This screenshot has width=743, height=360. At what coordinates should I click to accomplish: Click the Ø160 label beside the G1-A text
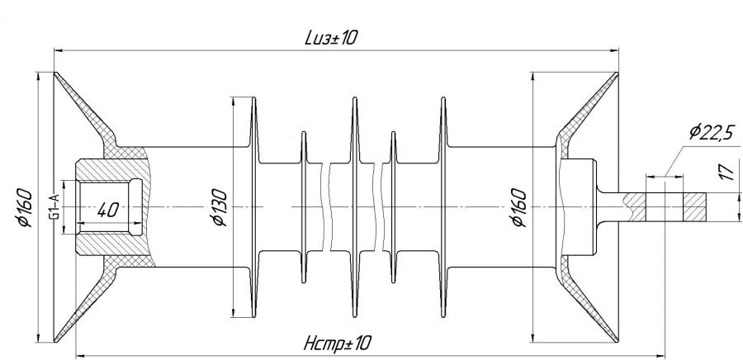(24, 209)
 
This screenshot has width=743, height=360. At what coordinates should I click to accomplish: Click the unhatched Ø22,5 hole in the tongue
(660, 206)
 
